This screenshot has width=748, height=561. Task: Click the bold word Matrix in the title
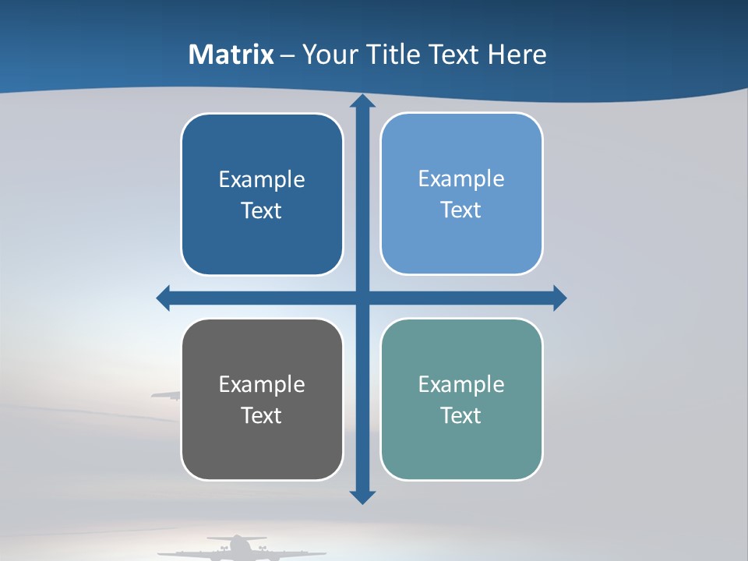coord(231,55)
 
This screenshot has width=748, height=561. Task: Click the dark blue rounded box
coord(262,195)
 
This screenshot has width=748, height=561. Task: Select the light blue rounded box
coord(461,194)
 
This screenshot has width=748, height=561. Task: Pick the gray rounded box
coord(262,400)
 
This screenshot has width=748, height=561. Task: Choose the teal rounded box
coord(461,400)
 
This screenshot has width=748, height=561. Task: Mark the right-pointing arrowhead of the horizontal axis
coord(559,298)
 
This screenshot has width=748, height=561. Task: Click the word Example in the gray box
coord(262,384)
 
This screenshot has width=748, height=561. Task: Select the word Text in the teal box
coord(461,415)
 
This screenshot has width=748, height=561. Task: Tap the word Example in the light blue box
coord(461,178)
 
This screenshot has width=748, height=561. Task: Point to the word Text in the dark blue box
coord(262,210)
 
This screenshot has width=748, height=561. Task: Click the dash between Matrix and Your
coord(288,55)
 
